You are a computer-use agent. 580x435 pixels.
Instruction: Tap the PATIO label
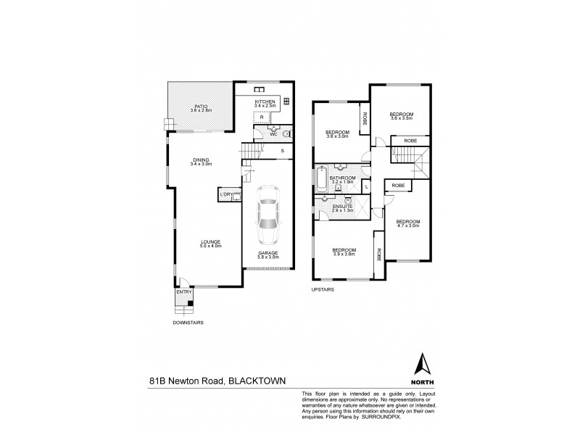point(200,107)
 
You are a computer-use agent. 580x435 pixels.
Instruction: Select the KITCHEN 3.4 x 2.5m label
point(265,103)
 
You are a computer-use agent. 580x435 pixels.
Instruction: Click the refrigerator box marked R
point(262,117)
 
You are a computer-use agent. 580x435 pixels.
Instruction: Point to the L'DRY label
point(225,194)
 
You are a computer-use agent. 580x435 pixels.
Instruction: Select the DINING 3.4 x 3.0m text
point(201,162)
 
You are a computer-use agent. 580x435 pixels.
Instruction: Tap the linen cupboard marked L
point(367,187)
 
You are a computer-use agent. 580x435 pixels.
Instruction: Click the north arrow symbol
point(419,362)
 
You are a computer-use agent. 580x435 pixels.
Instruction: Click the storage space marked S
point(282,151)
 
